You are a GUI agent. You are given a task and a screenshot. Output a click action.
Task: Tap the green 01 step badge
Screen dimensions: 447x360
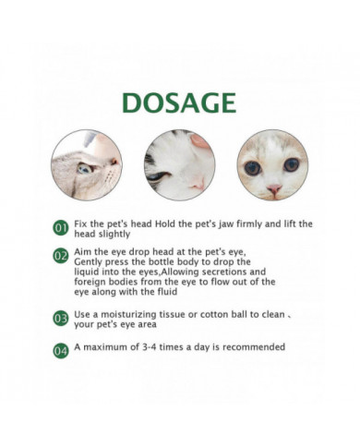(60, 227)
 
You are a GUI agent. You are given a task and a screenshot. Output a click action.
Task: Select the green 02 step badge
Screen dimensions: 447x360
(60, 256)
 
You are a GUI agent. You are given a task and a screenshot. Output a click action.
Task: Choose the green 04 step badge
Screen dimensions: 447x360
(60, 351)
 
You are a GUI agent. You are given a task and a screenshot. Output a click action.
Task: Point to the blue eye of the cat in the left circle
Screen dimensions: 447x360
(84, 168)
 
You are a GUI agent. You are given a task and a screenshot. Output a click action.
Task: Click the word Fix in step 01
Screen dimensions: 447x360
(82, 223)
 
